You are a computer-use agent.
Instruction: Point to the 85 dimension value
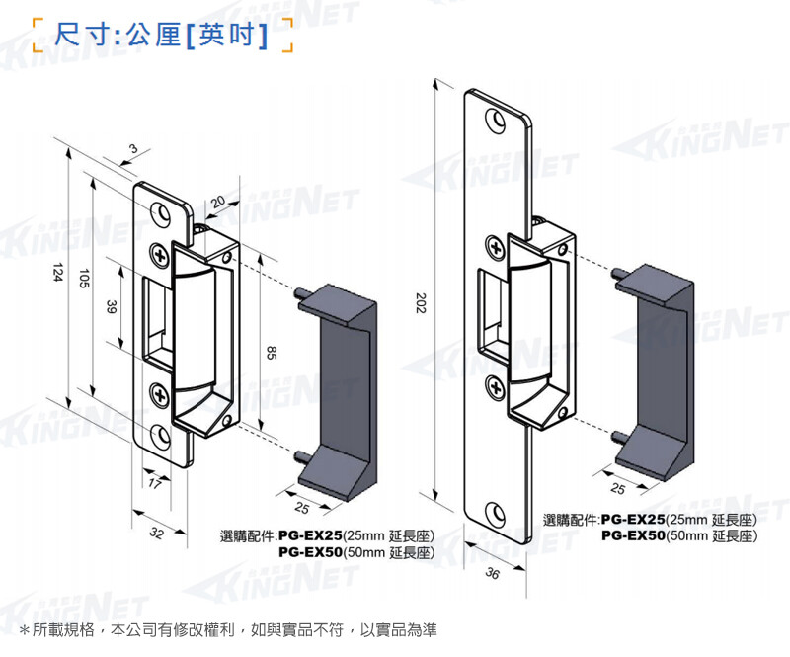[x=272, y=351]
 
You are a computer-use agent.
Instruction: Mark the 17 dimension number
[x=154, y=483]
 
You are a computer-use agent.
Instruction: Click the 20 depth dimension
[x=218, y=201]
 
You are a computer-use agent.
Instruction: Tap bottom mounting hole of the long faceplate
[x=495, y=514]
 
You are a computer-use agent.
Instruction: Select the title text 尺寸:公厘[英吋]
[x=162, y=37]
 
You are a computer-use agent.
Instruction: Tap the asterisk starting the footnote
[x=24, y=630]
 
